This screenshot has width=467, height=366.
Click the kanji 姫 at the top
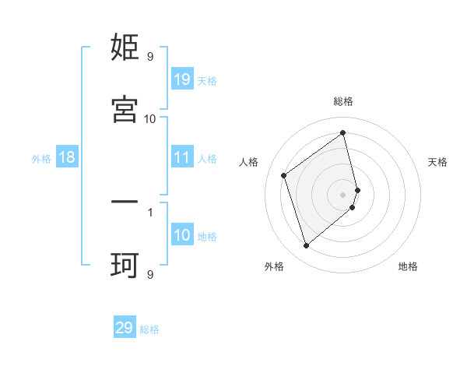[x=125, y=48]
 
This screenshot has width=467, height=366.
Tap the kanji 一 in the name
[x=125, y=202]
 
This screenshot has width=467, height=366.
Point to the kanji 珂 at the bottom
[x=125, y=266]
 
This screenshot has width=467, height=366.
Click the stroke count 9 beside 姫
[x=150, y=56]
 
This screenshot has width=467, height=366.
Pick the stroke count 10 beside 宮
[x=150, y=118]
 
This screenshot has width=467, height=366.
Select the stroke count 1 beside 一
[x=150, y=210]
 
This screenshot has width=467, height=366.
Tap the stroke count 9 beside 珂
[x=150, y=273]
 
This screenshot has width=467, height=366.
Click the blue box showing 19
[x=182, y=79]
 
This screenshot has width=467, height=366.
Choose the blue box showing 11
[x=182, y=157]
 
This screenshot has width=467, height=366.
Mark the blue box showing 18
[x=66, y=157]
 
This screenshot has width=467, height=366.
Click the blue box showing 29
[x=125, y=328]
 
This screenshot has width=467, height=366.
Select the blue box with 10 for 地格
[x=182, y=235]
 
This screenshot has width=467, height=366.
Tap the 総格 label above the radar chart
[x=343, y=101]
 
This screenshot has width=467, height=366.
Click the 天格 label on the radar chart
[x=437, y=162]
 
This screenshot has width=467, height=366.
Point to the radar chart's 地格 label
[x=408, y=266]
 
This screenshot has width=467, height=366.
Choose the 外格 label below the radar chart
[x=274, y=266]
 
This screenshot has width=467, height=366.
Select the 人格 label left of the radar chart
[x=249, y=162]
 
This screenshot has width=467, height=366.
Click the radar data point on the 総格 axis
[x=343, y=133]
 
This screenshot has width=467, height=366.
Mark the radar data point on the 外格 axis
[x=306, y=246]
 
